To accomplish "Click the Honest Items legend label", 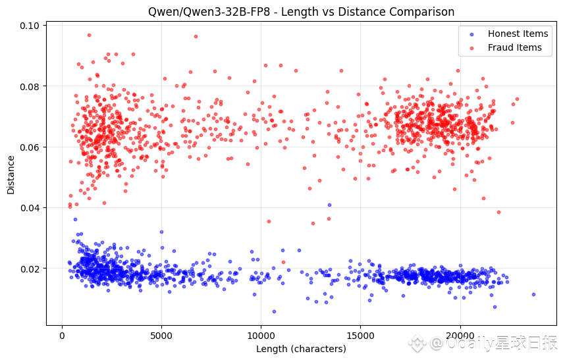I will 518,34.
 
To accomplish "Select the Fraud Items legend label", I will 514,47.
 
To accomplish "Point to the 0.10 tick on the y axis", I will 31,26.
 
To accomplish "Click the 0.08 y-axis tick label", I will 31,86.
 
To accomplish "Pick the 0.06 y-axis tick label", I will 31,147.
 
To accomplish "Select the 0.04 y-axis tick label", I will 31,208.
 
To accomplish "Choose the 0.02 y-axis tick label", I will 31,269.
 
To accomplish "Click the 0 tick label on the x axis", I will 62,336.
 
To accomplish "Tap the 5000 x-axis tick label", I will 161,336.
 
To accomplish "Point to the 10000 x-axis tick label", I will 261,336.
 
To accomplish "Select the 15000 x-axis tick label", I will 360,336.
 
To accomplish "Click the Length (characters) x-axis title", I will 301,349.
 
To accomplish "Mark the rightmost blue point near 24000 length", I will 533,294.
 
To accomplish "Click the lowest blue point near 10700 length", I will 274,311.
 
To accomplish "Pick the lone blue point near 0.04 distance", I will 329,205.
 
